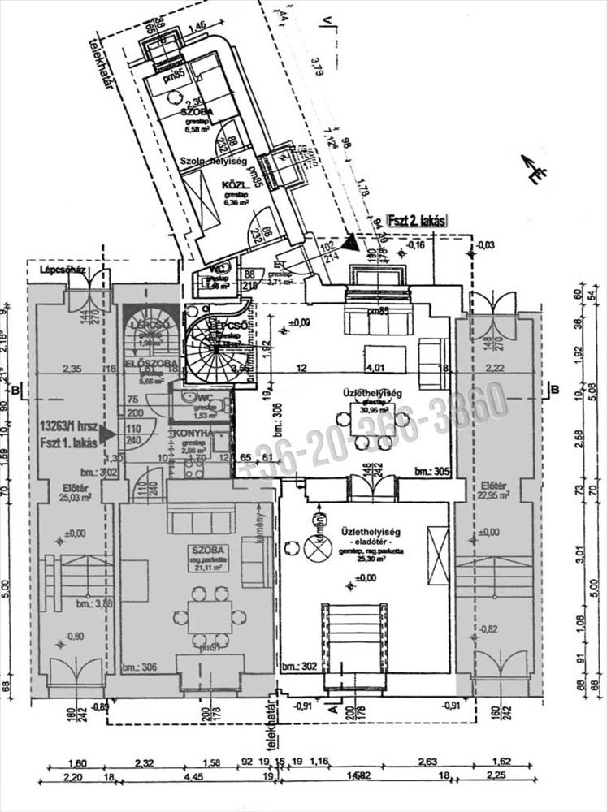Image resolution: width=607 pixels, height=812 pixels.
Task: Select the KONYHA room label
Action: pos(193,434)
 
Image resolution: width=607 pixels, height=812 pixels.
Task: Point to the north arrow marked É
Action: pos(535,170)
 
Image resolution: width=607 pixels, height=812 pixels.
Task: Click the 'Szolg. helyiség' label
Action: pos(215,162)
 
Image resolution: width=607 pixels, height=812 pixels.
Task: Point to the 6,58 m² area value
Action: pos(197,128)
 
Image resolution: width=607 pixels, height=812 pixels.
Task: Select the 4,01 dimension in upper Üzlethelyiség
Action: pos(374,355)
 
